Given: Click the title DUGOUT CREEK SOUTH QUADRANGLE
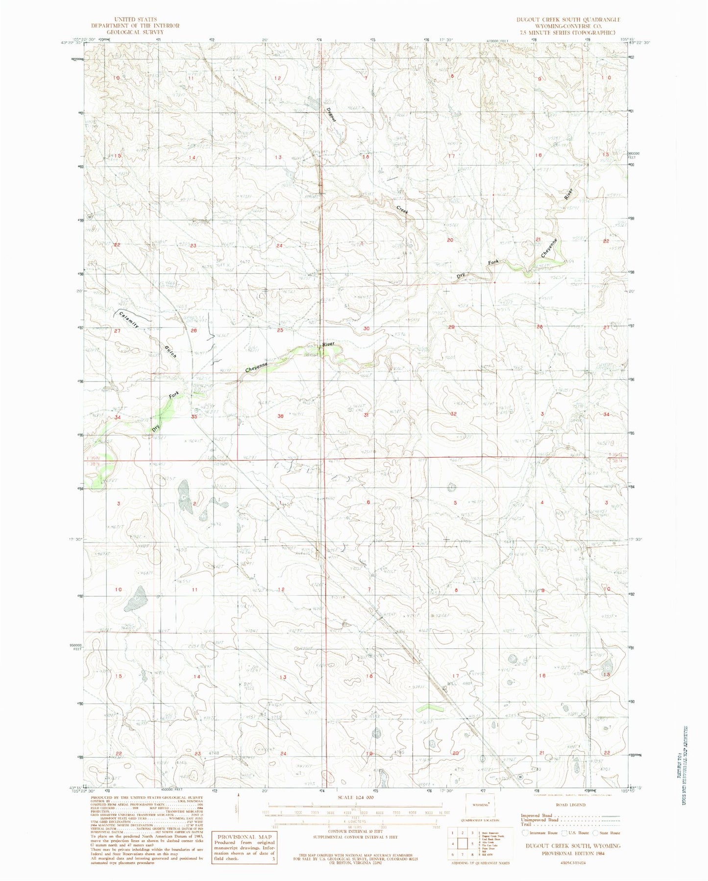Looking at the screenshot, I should (568, 20).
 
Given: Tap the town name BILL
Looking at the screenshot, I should (452, 683).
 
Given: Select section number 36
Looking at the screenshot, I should (280, 416).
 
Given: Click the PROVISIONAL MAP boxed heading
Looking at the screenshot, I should (244, 836).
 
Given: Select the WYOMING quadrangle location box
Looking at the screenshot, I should (480, 805).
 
